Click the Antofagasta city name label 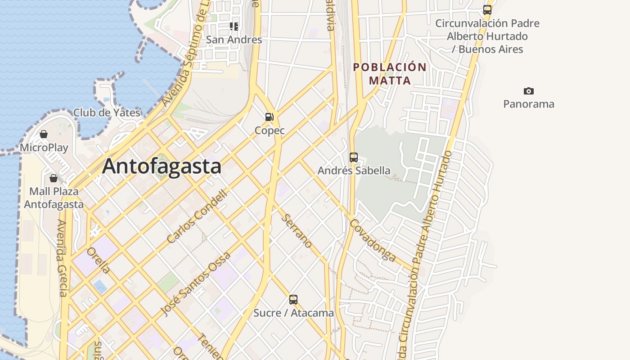162,166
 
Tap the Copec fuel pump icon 269,117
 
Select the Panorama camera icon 528,91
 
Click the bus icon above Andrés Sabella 354,157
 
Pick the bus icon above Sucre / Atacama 293,299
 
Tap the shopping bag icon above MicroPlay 44,134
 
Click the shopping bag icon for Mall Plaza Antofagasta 54,178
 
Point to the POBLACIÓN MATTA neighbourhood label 390,74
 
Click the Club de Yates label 107,112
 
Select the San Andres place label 234,40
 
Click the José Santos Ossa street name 196,283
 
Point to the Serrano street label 297,231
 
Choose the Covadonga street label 373,240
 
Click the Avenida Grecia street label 62,258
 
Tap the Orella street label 98,260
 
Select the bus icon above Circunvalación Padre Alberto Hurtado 487,9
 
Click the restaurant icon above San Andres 234,27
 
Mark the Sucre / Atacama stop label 293,313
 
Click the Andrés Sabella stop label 354,171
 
